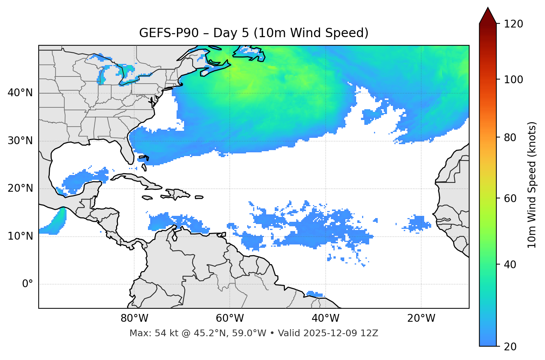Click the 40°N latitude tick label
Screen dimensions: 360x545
(20, 93)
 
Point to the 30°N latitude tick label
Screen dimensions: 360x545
(20, 141)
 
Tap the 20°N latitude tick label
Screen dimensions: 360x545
(20, 188)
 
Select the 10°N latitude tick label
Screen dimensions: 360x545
(20, 236)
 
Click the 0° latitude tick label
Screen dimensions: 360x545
(28, 284)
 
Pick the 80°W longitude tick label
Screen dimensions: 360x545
(134, 318)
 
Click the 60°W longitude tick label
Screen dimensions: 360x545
(230, 318)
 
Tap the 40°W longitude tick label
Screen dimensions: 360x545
(325, 318)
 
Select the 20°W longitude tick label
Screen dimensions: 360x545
(421, 318)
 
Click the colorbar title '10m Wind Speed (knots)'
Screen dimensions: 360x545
(532, 185)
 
